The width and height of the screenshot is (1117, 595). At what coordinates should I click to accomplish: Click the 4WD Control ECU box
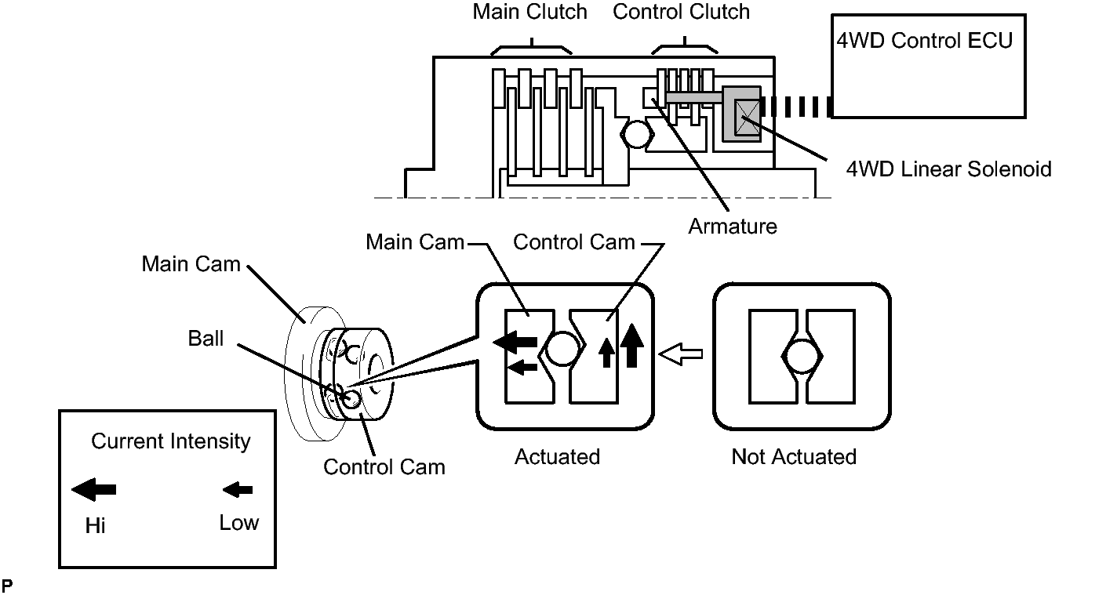[x=928, y=66]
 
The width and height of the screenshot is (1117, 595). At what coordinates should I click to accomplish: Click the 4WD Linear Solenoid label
[x=948, y=169]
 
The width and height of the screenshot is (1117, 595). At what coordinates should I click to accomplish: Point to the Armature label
[x=733, y=227]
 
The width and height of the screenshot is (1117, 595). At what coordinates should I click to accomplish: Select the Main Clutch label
[x=530, y=13]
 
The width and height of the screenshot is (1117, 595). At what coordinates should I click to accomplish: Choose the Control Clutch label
[x=681, y=13]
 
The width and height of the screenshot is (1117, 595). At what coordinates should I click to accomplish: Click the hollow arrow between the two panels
[x=679, y=354]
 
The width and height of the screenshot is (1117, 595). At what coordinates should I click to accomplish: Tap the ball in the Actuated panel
[x=561, y=349]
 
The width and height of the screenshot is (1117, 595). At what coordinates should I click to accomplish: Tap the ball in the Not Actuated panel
[x=801, y=358]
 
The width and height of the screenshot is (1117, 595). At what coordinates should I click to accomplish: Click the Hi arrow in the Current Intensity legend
[x=94, y=490]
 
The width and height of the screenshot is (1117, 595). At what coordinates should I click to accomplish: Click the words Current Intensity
[x=170, y=441]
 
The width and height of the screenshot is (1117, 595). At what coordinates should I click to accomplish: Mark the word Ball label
[x=206, y=339]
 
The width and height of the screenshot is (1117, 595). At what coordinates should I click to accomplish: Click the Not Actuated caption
[x=794, y=457]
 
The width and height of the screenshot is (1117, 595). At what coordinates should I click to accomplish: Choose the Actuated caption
[x=557, y=457]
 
